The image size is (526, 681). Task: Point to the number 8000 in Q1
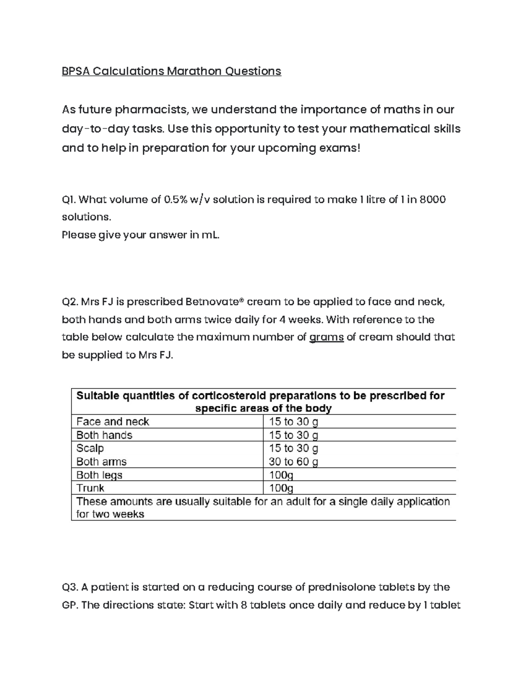coord(433,200)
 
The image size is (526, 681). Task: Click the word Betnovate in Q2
coord(213,302)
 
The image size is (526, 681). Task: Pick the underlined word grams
coord(327,337)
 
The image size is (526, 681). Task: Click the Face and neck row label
coord(113,421)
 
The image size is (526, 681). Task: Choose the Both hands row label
coord(104,435)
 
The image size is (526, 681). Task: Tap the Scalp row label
coord(90,448)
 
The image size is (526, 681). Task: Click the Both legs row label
coord(100,475)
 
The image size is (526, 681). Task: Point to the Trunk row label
coord(90,488)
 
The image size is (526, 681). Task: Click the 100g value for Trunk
coord(281,488)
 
